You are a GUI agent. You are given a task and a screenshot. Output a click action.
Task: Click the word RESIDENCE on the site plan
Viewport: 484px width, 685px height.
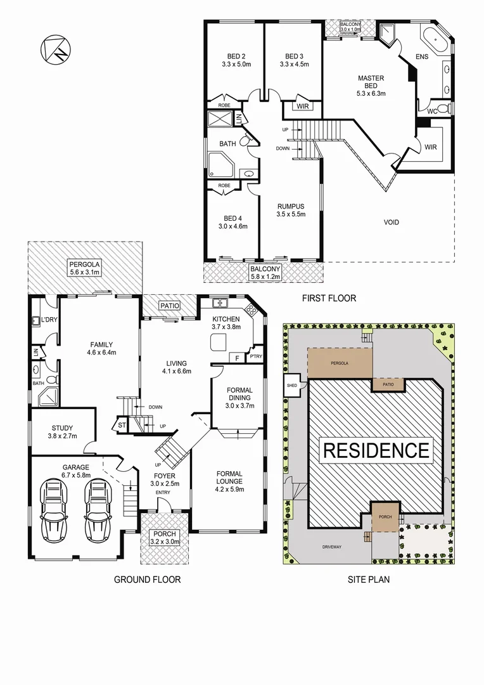[x=376, y=450]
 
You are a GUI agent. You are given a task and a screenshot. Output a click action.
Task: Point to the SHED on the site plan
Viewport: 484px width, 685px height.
[x=292, y=384]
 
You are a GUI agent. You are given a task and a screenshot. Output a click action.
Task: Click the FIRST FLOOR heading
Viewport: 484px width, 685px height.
[x=329, y=297]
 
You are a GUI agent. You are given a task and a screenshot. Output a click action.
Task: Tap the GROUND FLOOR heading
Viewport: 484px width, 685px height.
[x=147, y=579]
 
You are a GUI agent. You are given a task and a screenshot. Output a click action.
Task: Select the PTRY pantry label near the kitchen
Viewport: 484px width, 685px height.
[x=257, y=357]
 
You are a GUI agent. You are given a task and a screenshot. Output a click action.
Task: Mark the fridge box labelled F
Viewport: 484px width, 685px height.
[x=237, y=358]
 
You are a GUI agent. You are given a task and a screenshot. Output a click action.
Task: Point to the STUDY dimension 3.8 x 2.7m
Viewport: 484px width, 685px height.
[x=62, y=436]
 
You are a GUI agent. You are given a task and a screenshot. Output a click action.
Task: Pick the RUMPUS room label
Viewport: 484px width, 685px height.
[x=291, y=206]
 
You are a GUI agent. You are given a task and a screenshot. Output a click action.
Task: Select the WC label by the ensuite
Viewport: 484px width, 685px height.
[x=432, y=111]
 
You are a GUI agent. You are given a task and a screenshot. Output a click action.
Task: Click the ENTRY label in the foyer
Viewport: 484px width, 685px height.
[x=163, y=492]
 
